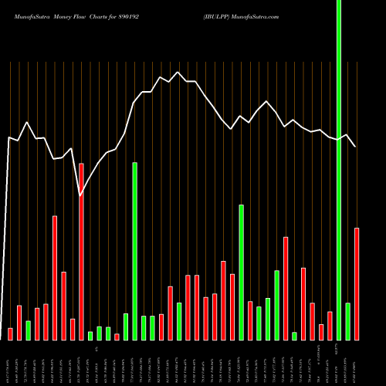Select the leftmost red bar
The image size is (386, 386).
pyautogui.click(x=11, y=334)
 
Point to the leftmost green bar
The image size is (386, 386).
pyautogui.click(x=29, y=330)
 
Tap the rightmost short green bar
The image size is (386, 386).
pyautogui.click(x=347, y=321)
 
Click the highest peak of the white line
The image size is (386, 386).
pyautogui.click(x=178, y=73)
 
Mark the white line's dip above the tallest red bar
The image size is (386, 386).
pyautogui.click(x=81, y=196)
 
